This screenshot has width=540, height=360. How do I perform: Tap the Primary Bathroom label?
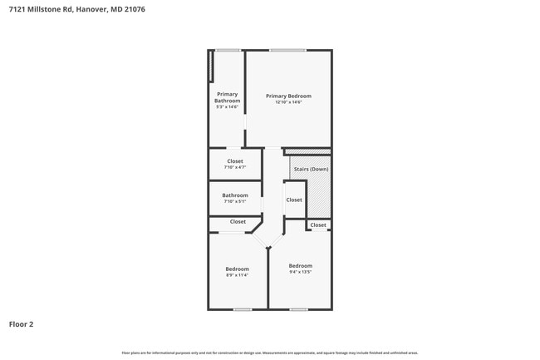227,97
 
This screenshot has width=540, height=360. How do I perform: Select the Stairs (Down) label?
311,169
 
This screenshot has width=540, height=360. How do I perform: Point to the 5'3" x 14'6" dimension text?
227,107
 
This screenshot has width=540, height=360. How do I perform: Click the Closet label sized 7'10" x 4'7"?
235,161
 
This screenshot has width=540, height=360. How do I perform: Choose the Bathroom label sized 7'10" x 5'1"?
235,195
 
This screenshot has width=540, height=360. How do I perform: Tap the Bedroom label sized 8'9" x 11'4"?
237,269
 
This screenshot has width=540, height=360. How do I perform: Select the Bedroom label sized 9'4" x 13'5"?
300,265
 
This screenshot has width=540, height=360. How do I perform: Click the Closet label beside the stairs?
294,200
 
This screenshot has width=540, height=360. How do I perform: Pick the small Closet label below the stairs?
318,225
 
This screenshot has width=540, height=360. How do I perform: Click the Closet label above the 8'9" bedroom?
238,222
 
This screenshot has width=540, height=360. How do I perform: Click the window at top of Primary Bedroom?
287,50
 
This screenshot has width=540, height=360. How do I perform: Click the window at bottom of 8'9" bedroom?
242,309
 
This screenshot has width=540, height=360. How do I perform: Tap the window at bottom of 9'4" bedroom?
299,309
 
